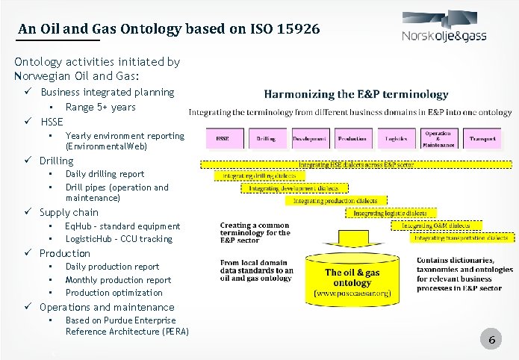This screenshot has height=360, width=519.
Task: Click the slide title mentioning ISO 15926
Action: point(169,29)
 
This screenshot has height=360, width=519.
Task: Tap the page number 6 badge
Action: point(491,341)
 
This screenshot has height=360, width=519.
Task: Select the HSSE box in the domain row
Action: point(223,139)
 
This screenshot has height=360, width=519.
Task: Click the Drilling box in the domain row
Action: point(266,139)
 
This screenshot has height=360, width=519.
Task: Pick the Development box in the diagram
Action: point(309,139)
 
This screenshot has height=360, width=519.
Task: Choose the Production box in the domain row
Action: point(352,139)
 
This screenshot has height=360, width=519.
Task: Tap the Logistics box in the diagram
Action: point(396,139)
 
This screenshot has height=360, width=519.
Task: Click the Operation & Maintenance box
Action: point(438,139)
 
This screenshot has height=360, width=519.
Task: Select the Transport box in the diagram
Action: point(482,139)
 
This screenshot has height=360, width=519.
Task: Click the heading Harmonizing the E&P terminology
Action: point(355,95)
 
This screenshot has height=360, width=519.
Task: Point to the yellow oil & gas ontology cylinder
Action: point(352,277)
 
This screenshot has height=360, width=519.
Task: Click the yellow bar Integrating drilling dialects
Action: point(261,176)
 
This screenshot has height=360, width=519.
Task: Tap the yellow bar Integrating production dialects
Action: point(335,200)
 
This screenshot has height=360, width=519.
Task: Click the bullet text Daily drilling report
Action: point(105,174)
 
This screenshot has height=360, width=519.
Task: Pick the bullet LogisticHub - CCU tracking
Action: point(118,239)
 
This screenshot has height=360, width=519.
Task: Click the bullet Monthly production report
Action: point(118,280)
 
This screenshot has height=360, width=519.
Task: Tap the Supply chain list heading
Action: point(69,213)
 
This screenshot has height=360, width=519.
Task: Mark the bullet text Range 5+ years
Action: point(100,108)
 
